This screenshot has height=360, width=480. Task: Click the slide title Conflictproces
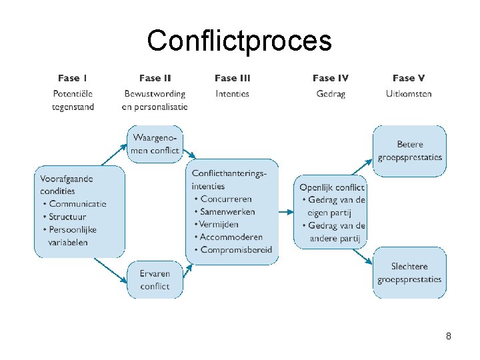click(x=239, y=41)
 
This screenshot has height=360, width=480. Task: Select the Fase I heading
click(x=73, y=79)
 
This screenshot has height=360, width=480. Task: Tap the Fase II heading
click(x=155, y=79)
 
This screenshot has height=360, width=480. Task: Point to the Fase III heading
click(x=233, y=79)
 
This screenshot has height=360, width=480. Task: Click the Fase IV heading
click(x=331, y=79)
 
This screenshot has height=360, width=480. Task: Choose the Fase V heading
click(x=409, y=79)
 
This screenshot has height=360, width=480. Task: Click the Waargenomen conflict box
click(x=155, y=144)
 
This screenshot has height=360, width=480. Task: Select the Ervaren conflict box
click(x=155, y=280)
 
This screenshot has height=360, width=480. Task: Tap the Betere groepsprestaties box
click(x=409, y=151)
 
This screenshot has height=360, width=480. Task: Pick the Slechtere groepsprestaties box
click(x=409, y=273)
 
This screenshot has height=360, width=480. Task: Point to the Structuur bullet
click(x=67, y=217)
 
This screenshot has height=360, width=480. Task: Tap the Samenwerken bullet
click(x=227, y=211)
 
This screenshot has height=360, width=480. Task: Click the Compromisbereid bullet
click(x=235, y=249)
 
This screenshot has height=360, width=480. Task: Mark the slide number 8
click(x=449, y=337)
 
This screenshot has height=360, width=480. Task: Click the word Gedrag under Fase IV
click(x=331, y=94)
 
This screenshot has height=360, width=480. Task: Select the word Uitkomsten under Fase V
click(x=409, y=94)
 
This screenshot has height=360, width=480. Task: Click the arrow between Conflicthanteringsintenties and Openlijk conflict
click(x=285, y=212)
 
